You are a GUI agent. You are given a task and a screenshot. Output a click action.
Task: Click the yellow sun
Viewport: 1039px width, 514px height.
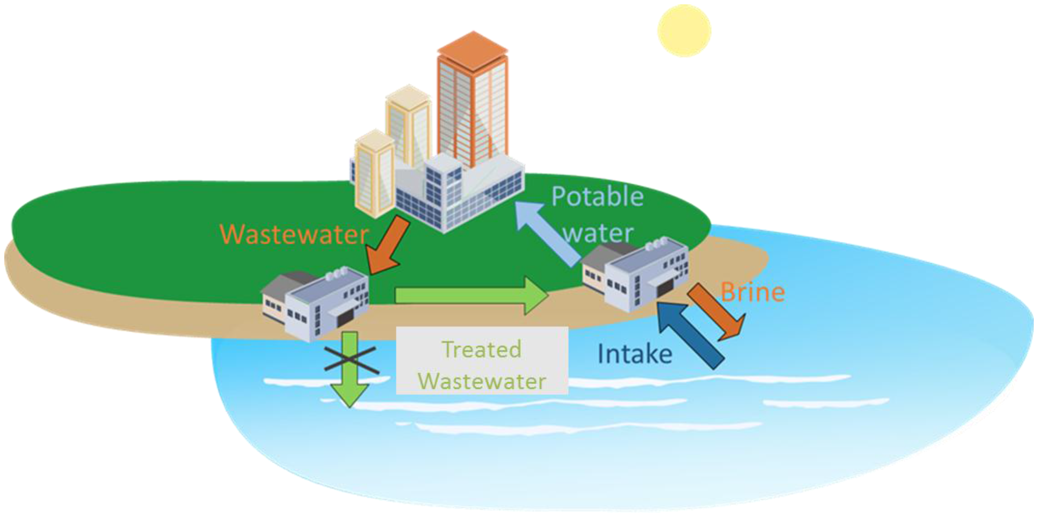684,31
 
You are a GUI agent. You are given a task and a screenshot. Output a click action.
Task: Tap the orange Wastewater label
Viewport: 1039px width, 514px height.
293,234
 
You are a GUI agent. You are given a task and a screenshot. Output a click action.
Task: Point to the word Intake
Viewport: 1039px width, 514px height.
635,354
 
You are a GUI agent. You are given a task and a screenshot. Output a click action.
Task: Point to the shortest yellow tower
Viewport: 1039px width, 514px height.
374,173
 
